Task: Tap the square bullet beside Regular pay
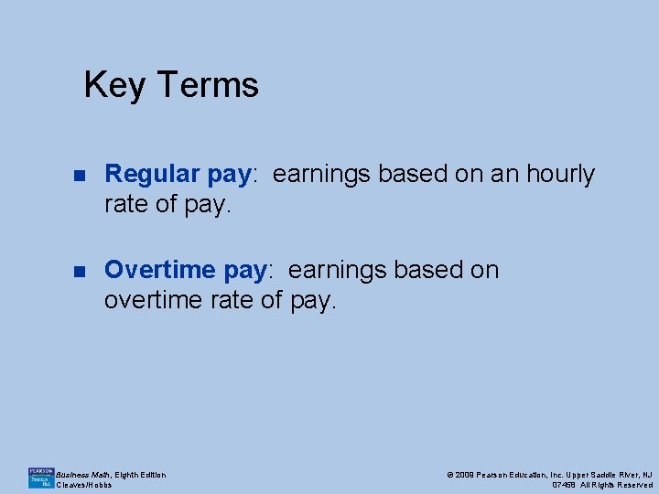click(x=79, y=175)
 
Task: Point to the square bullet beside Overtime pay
click(x=79, y=271)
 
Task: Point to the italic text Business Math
click(x=83, y=474)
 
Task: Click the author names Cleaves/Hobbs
click(x=84, y=485)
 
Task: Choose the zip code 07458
click(x=563, y=485)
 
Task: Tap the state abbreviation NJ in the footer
click(x=646, y=474)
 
